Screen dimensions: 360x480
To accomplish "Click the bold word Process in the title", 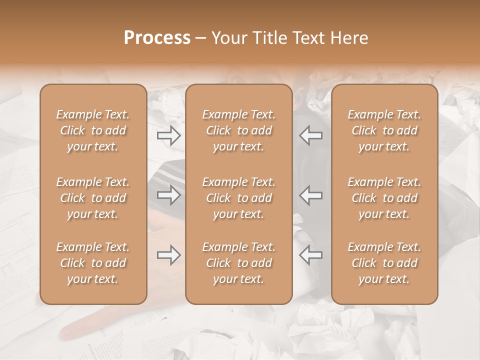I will [157, 38].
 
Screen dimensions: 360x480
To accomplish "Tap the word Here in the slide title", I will [348, 38].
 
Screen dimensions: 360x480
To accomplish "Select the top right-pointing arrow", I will [168, 135].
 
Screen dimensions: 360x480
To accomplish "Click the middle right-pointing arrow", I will [168, 195].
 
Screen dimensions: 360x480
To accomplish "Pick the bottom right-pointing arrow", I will [168, 255].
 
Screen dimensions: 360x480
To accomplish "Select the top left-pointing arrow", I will [310, 135].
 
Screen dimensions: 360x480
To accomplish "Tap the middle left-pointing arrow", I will [310, 195].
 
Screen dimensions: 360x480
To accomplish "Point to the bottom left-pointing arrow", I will [310, 255].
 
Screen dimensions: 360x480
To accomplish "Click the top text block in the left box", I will [93, 130].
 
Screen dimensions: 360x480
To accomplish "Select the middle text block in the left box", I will [93, 198].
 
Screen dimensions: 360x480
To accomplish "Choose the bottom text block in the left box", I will [93, 263].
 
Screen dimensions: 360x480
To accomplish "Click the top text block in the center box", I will [238, 130].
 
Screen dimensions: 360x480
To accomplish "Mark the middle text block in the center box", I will [238, 198].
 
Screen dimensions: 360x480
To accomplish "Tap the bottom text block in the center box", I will [238, 263].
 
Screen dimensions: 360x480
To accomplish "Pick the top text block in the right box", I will [384, 130].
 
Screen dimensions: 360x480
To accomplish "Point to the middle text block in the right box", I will [384, 198].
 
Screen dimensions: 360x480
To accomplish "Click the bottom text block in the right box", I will [384, 263].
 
